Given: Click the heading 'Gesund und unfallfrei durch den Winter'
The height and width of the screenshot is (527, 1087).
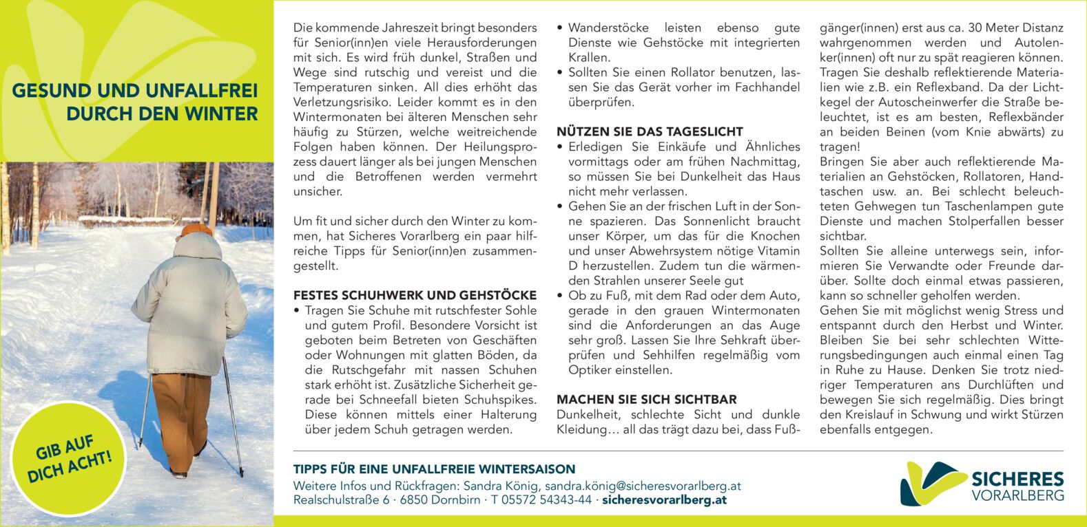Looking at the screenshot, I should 135,103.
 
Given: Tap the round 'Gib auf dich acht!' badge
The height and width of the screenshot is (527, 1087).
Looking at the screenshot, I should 69,459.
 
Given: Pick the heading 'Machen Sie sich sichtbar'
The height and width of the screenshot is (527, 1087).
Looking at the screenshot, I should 646,400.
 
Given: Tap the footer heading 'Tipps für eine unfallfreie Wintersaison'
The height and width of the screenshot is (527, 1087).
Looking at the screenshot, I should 434,469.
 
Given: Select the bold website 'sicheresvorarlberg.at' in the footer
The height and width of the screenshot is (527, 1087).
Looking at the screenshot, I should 664,500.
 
